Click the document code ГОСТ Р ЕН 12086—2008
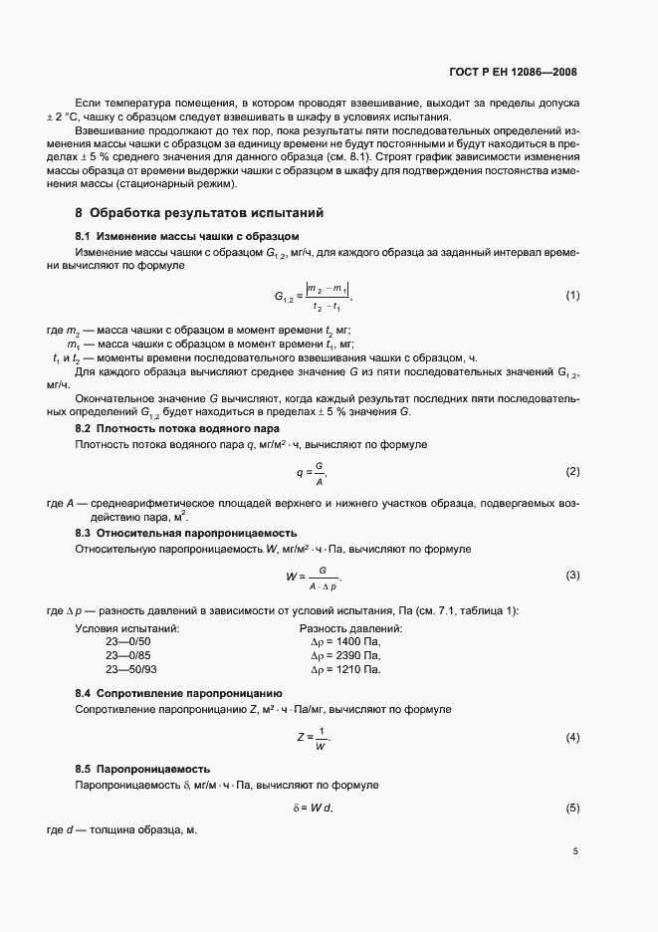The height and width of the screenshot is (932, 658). (514, 72)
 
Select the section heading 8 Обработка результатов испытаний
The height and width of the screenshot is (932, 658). (199, 213)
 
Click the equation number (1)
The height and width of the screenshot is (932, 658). (572, 295)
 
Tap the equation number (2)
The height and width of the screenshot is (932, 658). (572, 471)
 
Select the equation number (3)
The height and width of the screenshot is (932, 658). (572, 576)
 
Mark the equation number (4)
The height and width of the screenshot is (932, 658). (572, 737)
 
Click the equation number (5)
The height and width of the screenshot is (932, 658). (572, 808)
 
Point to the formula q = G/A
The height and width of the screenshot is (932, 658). (312, 472)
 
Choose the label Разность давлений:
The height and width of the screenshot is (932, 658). (350, 628)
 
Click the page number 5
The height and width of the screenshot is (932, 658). (575, 851)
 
